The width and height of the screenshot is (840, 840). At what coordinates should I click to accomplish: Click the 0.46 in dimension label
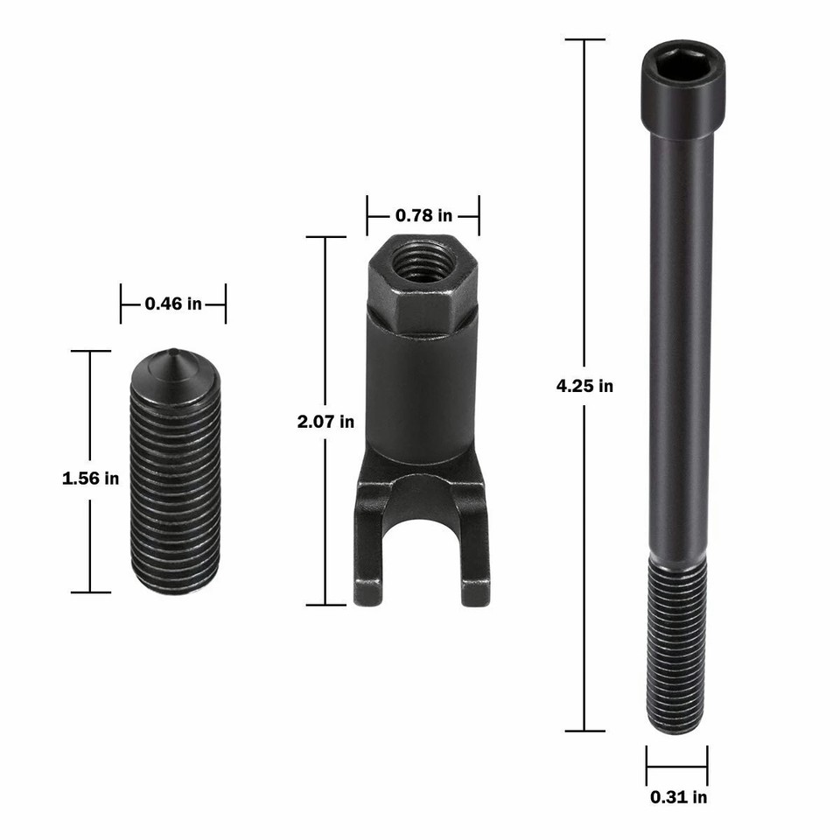pos(173,304)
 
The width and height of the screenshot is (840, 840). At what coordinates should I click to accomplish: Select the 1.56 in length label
pos(90,479)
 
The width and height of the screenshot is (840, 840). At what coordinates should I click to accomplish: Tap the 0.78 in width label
pos(423,215)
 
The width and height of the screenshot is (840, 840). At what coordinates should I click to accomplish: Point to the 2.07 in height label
pos(325,422)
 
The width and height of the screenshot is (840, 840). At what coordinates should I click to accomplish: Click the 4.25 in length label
pos(584,385)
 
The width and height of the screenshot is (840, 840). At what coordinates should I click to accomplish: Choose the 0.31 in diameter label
pos(678,797)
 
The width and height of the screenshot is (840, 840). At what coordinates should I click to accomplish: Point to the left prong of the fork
pos(368,560)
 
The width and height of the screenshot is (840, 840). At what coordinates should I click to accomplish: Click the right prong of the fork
pos(475,560)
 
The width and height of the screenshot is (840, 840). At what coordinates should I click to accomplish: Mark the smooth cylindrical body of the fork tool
pos(421,394)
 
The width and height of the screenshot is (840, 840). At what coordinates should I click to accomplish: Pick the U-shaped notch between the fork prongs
pos(422,542)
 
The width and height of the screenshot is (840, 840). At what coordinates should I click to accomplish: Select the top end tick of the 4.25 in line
pos(584,39)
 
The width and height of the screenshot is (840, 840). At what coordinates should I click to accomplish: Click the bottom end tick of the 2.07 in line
pos(325,605)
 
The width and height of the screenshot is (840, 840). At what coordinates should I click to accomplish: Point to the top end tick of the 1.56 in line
pos(90,351)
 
